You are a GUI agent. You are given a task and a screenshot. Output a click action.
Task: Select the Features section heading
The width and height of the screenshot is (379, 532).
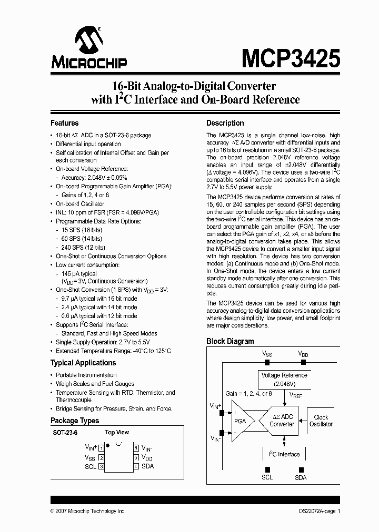pyautogui.click(x=64, y=123)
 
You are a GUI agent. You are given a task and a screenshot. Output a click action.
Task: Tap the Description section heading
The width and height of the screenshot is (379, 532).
pyautogui.click(x=225, y=123)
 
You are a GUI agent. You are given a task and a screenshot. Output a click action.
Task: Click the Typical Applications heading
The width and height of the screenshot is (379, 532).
pyautogui.click(x=83, y=363)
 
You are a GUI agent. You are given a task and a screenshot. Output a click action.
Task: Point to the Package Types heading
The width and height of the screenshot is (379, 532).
pyautogui.click(x=75, y=421)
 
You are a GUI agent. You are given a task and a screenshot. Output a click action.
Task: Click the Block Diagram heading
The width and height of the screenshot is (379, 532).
pyautogui.click(x=230, y=341)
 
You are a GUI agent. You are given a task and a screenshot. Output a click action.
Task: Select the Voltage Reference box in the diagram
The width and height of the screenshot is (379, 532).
pyautogui.click(x=284, y=379)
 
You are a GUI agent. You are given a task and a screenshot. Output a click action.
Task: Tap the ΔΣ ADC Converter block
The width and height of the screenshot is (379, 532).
pyautogui.click(x=283, y=420)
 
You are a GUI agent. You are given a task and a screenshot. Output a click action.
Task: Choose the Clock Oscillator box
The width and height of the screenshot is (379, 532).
pyautogui.click(x=321, y=421)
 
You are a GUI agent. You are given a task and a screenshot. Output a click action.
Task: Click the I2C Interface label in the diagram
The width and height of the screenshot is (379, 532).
pyautogui.click(x=284, y=454)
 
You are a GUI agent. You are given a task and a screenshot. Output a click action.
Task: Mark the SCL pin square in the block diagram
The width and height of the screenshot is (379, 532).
pyautogui.click(x=267, y=469)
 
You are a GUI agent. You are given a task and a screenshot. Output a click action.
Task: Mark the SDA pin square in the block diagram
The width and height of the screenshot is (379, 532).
pyautogui.click(x=301, y=469)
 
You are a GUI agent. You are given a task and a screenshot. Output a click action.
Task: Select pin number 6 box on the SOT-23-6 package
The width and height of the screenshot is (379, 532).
pyautogui.click(x=136, y=448)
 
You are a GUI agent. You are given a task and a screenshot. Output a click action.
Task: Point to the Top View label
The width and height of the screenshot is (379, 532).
pyautogui.click(x=117, y=433)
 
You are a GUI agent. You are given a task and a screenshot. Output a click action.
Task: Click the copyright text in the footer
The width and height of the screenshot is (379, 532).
pyautogui.click(x=88, y=511)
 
